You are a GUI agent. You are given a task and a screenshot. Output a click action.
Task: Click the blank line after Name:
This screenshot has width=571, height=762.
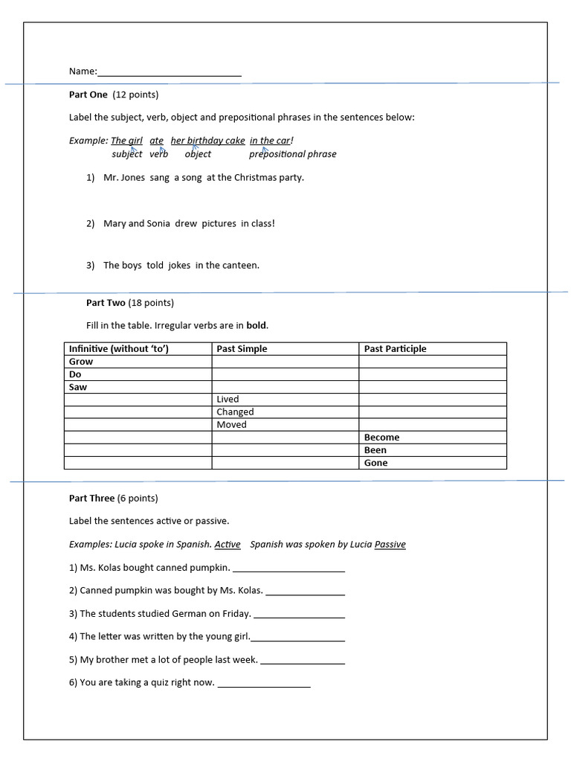pos(170,72)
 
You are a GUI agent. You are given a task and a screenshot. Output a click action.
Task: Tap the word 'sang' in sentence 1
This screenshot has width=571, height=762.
pos(159,178)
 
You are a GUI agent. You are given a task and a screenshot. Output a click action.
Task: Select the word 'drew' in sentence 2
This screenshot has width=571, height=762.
pos(186,223)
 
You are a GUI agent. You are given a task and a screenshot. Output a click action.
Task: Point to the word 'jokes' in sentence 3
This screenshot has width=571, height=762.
pos(179,265)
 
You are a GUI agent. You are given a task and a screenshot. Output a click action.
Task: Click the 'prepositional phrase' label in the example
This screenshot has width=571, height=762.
pos(292,154)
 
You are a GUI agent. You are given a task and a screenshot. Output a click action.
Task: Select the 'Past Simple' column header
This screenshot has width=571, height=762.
pos(242,349)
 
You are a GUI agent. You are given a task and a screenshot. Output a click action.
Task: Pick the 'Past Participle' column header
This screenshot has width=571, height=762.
pos(395,349)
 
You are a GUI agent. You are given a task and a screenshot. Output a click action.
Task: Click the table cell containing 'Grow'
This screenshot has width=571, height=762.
pos(138,362)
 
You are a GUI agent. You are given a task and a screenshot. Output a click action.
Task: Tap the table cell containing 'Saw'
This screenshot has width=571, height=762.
pos(138,387)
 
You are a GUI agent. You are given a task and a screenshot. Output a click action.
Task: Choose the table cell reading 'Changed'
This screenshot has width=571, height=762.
pos(285,412)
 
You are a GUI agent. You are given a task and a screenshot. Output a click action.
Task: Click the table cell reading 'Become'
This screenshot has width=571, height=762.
pos(432,438)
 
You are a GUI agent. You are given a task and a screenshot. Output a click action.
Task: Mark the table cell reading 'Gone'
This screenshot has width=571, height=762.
pos(432,463)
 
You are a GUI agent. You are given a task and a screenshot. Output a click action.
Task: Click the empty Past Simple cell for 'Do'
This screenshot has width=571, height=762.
pos(285,374)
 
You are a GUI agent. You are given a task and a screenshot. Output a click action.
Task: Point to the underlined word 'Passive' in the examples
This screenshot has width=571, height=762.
pos(390,545)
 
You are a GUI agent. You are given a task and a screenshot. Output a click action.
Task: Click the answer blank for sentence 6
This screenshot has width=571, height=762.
pos(264,683)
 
